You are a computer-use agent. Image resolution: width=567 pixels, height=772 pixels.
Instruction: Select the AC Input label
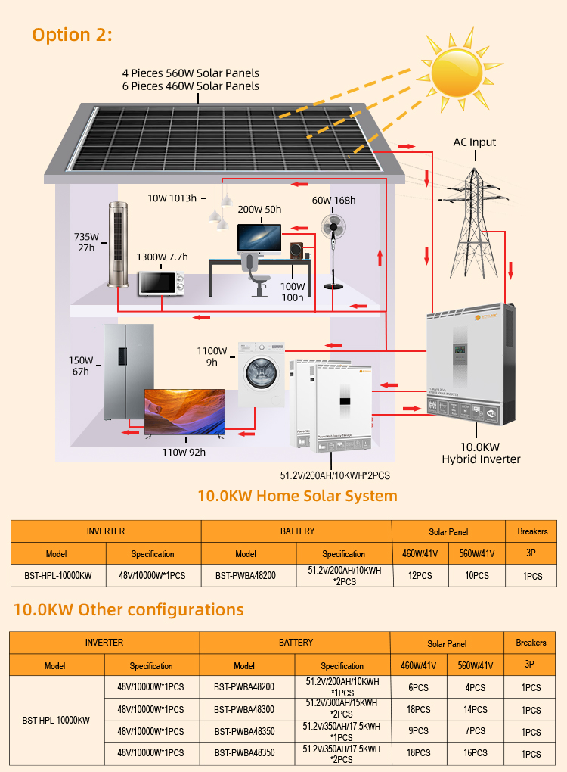[x=475, y=142]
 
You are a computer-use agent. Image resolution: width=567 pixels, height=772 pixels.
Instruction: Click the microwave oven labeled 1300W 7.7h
[x=161, y=284]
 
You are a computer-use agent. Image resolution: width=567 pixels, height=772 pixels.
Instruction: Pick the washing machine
[x=263, y=375]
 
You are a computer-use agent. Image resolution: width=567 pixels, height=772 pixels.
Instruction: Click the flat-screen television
[x=184, y=413]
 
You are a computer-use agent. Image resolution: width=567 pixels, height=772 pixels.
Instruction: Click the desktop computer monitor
[x=259, y=238]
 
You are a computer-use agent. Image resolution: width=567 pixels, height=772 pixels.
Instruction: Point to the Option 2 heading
[x=72, y=35]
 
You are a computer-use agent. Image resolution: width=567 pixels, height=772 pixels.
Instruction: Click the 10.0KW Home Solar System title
[x=297, y=497]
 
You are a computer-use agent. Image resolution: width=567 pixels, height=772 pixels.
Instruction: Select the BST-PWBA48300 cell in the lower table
[x=243, y=710]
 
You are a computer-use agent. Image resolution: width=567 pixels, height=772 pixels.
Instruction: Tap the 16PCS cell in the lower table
[x=476, y=754]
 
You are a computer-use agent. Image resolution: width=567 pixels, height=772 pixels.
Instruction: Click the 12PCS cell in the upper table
[x=421, y=576]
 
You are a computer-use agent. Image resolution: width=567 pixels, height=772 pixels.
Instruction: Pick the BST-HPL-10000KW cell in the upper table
[x=58, y=576]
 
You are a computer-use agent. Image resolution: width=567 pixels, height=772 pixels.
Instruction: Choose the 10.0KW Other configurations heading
[x=129, y=609]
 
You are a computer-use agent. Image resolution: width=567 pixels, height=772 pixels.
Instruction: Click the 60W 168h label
[x=334, y=201]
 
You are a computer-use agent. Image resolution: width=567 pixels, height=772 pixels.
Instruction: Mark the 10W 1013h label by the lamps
[x=172, y=198]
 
